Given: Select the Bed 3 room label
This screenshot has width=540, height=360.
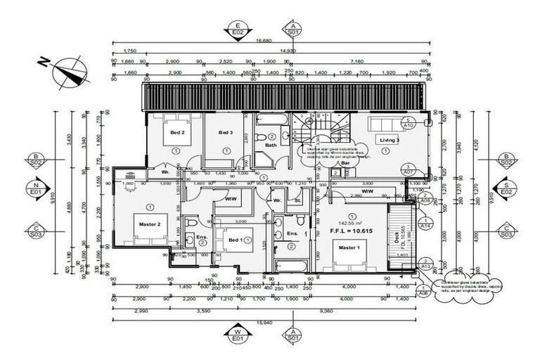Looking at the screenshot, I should (x=225, y=132).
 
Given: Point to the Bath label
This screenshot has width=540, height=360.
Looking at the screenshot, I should (x=271, y=146).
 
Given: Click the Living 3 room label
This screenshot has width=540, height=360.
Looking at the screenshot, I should (x=390, y=141).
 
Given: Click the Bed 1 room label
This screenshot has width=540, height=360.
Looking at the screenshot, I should (x=236, y=240).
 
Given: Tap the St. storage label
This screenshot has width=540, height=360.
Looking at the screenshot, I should (x=298, y=200).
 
